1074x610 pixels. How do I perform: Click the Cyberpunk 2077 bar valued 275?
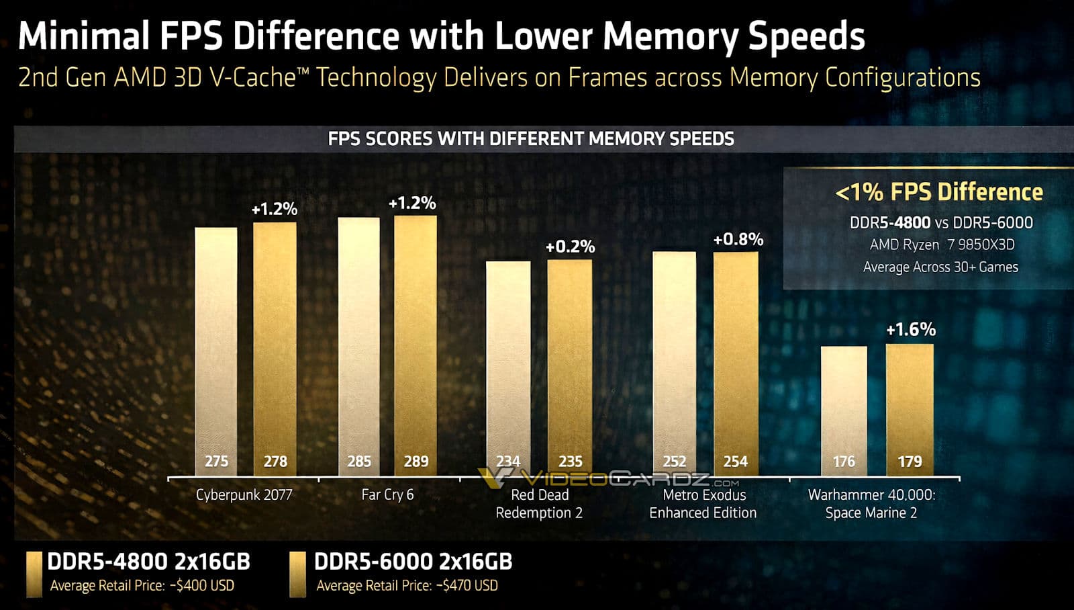click(215, 349)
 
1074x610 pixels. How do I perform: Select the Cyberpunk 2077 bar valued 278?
click(275, 349)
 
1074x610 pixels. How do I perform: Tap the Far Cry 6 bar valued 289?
click(416, 343)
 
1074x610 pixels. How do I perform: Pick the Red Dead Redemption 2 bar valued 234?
click(508, 366)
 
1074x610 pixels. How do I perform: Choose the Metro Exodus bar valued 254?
click(736, 363)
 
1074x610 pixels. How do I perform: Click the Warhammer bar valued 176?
click(844, 410)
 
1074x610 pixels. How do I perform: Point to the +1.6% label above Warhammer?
click(911, 330)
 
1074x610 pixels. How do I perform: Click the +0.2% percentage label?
click(570, 247)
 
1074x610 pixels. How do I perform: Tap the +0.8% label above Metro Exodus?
click(738, 240)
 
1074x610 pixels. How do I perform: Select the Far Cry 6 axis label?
click(387, 495)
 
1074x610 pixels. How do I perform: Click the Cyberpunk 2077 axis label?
click(244, 495)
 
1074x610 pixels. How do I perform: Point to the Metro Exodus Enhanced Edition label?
click(703, 504)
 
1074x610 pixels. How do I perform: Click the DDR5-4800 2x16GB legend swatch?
click(34, 574)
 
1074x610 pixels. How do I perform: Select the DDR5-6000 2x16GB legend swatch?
click(297, 574)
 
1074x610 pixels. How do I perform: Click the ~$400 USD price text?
click(203, 586)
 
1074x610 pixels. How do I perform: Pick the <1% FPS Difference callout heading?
click(938, 192)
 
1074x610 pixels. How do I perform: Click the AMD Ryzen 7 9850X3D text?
click(942, 245)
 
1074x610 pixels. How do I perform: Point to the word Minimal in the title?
click(83, 36)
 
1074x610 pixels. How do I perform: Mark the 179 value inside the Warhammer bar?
click(910, 462)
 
